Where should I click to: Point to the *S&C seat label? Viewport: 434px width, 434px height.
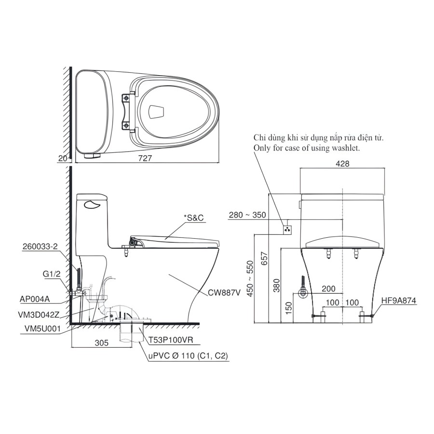[x=194, y=217]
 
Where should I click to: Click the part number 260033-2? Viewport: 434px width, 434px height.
[x=40, y=246]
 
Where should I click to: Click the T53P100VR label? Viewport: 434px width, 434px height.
[x=171, y=339]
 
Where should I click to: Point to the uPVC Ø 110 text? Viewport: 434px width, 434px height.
[x=188, y=356]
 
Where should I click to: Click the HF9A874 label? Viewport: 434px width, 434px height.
[x=398, y=301]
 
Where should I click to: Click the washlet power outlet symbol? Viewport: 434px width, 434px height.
[x=288, y=228]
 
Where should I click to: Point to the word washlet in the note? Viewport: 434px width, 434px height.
[x=344, y=148]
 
